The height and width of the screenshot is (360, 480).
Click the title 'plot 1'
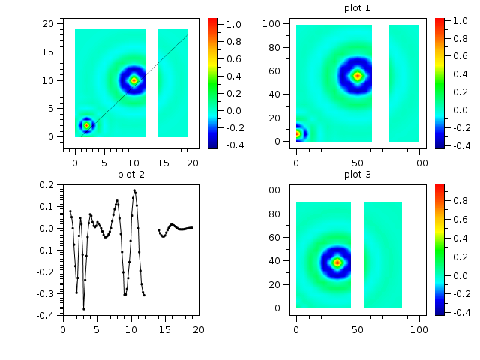pyautogui.click(x=357, y=8)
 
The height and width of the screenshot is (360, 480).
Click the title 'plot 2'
pyautogui.click(x=131, y=175)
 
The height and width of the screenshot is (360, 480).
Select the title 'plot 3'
pyautogui.click(x=357, y=175)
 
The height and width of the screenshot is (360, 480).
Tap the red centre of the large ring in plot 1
pyautogui.click(x=358, y=76)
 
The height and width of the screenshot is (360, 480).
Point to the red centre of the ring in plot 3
pyautogui.click(x=337, y=262)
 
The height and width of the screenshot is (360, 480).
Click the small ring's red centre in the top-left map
pyautogui.click(x=87, y=126)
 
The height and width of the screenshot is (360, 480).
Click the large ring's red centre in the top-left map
pyautogui.click(x=134, y=80)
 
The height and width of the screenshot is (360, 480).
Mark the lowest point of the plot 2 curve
pyautogui.click(x=84, y=308)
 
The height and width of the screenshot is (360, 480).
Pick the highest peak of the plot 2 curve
pyautogui.click(x=134, y=190)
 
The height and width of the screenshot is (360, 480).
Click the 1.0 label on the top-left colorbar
pyautogui.click(x=233, y=25)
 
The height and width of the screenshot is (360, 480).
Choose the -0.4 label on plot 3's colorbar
pyautogui.click(x=458, y=310)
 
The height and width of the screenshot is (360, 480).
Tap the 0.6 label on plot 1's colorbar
pyautogui.click(x=458, y=58)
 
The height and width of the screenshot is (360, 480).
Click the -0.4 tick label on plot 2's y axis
pyautogui.click(x=46, y=316)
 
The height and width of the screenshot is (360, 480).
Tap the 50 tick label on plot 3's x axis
pyautogui.click(x=358, y=328)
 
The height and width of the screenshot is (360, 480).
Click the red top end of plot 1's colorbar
pyautogui.click(x=439, y=20)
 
